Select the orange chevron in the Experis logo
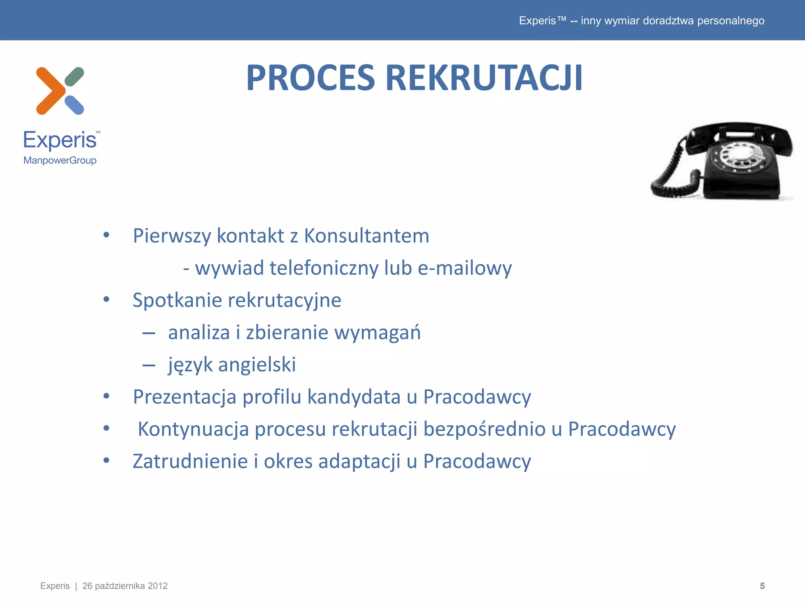coord(50,91)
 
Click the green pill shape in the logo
coord(74,77)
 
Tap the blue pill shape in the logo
coord(74,105)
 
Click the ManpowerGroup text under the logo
coord(60,160)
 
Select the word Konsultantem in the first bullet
coord(366,236)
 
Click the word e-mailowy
coord(465,268)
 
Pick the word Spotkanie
coord(177,300)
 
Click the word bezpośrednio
coord(484,429)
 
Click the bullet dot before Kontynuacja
coord(106,428)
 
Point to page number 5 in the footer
coord(762,586)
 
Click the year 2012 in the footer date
coord(158,586)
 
